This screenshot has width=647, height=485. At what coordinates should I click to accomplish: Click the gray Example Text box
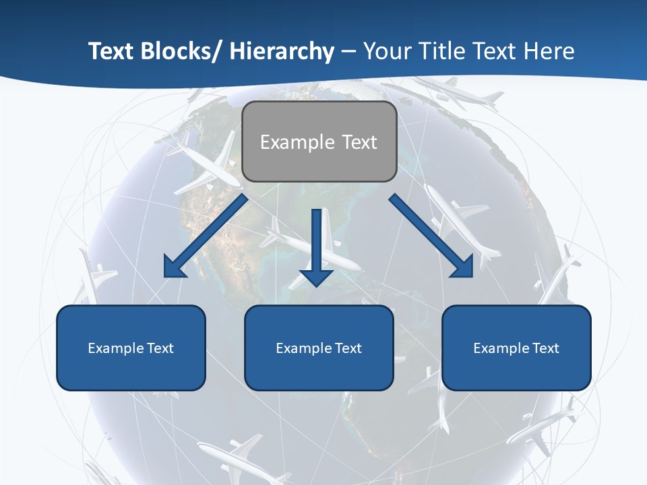(x=319, y=141)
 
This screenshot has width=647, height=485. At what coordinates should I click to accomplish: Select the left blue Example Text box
(x=131, y=348)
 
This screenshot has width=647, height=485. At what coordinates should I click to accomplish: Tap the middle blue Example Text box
(x=319, y=348)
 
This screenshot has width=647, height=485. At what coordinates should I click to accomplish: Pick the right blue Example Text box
(x=516, y=348)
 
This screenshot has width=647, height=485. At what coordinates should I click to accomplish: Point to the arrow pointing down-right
(x=431, y=236)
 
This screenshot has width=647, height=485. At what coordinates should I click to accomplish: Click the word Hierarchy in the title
(x=282, y=51)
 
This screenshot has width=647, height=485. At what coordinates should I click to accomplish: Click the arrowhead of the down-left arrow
(x=175, y=267)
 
